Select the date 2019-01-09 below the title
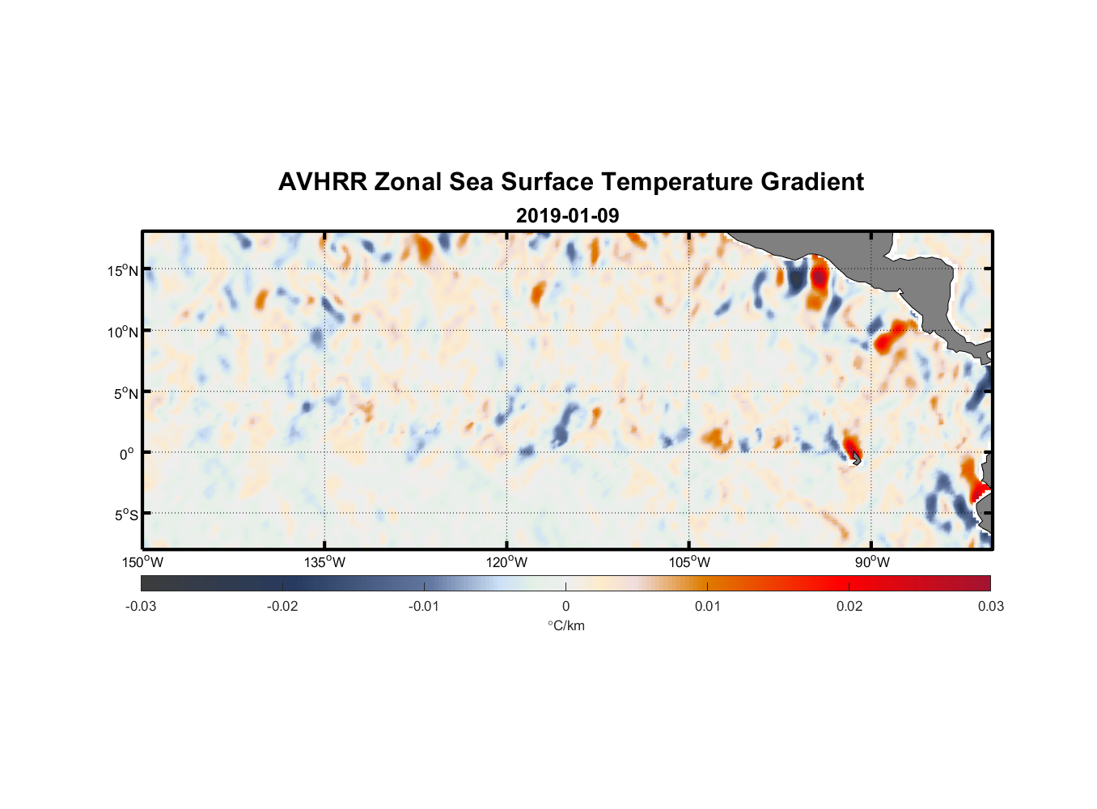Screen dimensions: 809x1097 click(567, 216)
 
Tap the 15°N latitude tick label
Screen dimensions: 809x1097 click(123, 270)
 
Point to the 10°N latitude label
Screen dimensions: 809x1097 click(123, 332)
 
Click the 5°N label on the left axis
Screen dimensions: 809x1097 click(125, 393)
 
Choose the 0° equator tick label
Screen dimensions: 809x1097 click(127, 454)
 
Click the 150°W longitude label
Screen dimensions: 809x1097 click(142, 562)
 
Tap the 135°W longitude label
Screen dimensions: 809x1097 click(324, 562)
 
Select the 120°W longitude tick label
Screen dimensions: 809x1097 click(506, 562)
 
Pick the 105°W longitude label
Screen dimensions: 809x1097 click(689, 562)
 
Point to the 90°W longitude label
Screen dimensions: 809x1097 click(871, 562)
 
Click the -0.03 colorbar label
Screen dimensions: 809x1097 click(141, 606)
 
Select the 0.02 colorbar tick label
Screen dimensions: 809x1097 click(849, 606)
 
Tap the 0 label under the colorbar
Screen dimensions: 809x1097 click(565, 606)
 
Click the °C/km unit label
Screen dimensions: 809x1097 click(565, 625)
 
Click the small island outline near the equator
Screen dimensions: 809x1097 click(856, 458)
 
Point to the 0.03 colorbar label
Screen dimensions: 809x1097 click(990, 606)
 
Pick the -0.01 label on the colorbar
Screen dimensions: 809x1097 click(424, 606)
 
